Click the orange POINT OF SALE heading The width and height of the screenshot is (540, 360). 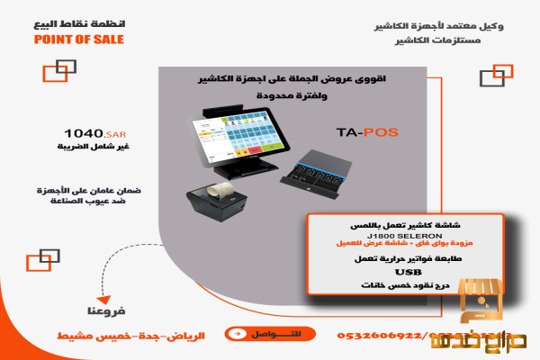(78, 40)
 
